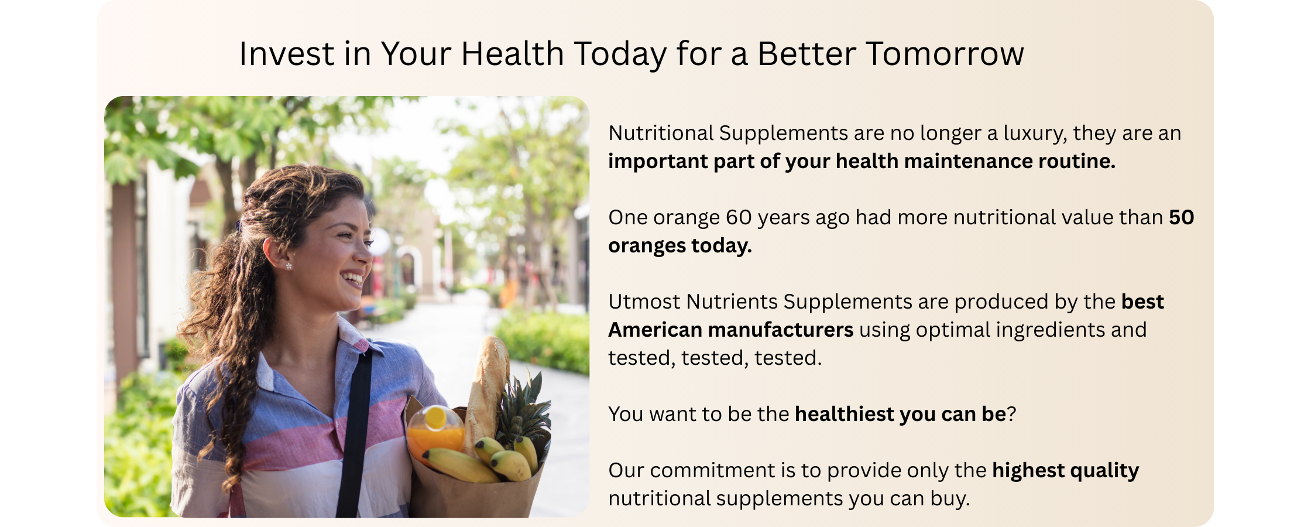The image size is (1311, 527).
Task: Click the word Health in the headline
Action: tap(512, 54)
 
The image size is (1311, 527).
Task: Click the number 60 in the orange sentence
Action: tap(739, 217)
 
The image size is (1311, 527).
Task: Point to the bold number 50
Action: tap(1181, 217)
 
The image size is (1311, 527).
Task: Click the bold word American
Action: tap(655, 330)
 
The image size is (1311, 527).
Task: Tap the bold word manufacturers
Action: tap(781, 330)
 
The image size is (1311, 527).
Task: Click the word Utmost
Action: tap(644, 302)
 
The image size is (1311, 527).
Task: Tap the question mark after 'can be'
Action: tap(1011, 414)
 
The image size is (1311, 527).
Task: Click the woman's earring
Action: tap(289, 266)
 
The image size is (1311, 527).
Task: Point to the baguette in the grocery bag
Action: tap(487, 392)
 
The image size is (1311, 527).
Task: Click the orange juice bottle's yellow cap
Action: tap(435, 418)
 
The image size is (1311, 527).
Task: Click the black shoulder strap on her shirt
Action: tap(355, 433)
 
